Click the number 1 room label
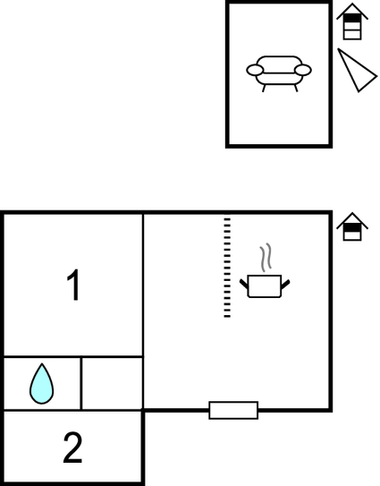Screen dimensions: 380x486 (x=74, y=285)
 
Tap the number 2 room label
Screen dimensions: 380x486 (x=72, y=448)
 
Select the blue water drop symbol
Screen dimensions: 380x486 (x=41, y=384)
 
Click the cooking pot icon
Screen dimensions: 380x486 (x=265, y=286)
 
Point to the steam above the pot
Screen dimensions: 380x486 (x=266, y=257)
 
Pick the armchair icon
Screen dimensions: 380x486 (x=279, y=73)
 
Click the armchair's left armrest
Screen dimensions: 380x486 (x=255, y=70)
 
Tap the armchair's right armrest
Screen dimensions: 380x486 (x=303, y=70)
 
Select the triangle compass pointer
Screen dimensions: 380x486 (x=356, y=71)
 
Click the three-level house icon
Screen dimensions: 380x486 (x=352, y=21)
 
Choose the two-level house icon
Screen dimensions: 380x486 (x=352, y=226)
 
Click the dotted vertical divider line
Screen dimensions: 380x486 (x=227, y=268)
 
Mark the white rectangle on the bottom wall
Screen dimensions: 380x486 (x=233, y=411)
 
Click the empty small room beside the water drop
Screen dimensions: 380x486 (x=113, y=384)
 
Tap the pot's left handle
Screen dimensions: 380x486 (x=244, y=285)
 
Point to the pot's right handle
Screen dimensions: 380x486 (x=285, y=285)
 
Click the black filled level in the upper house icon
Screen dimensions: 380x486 (x=352, y=18)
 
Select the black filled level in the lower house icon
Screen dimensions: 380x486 (x=352, y=228)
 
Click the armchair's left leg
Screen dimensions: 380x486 (x=264, y=88)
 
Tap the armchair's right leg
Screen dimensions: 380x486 (x=296, y=88)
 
